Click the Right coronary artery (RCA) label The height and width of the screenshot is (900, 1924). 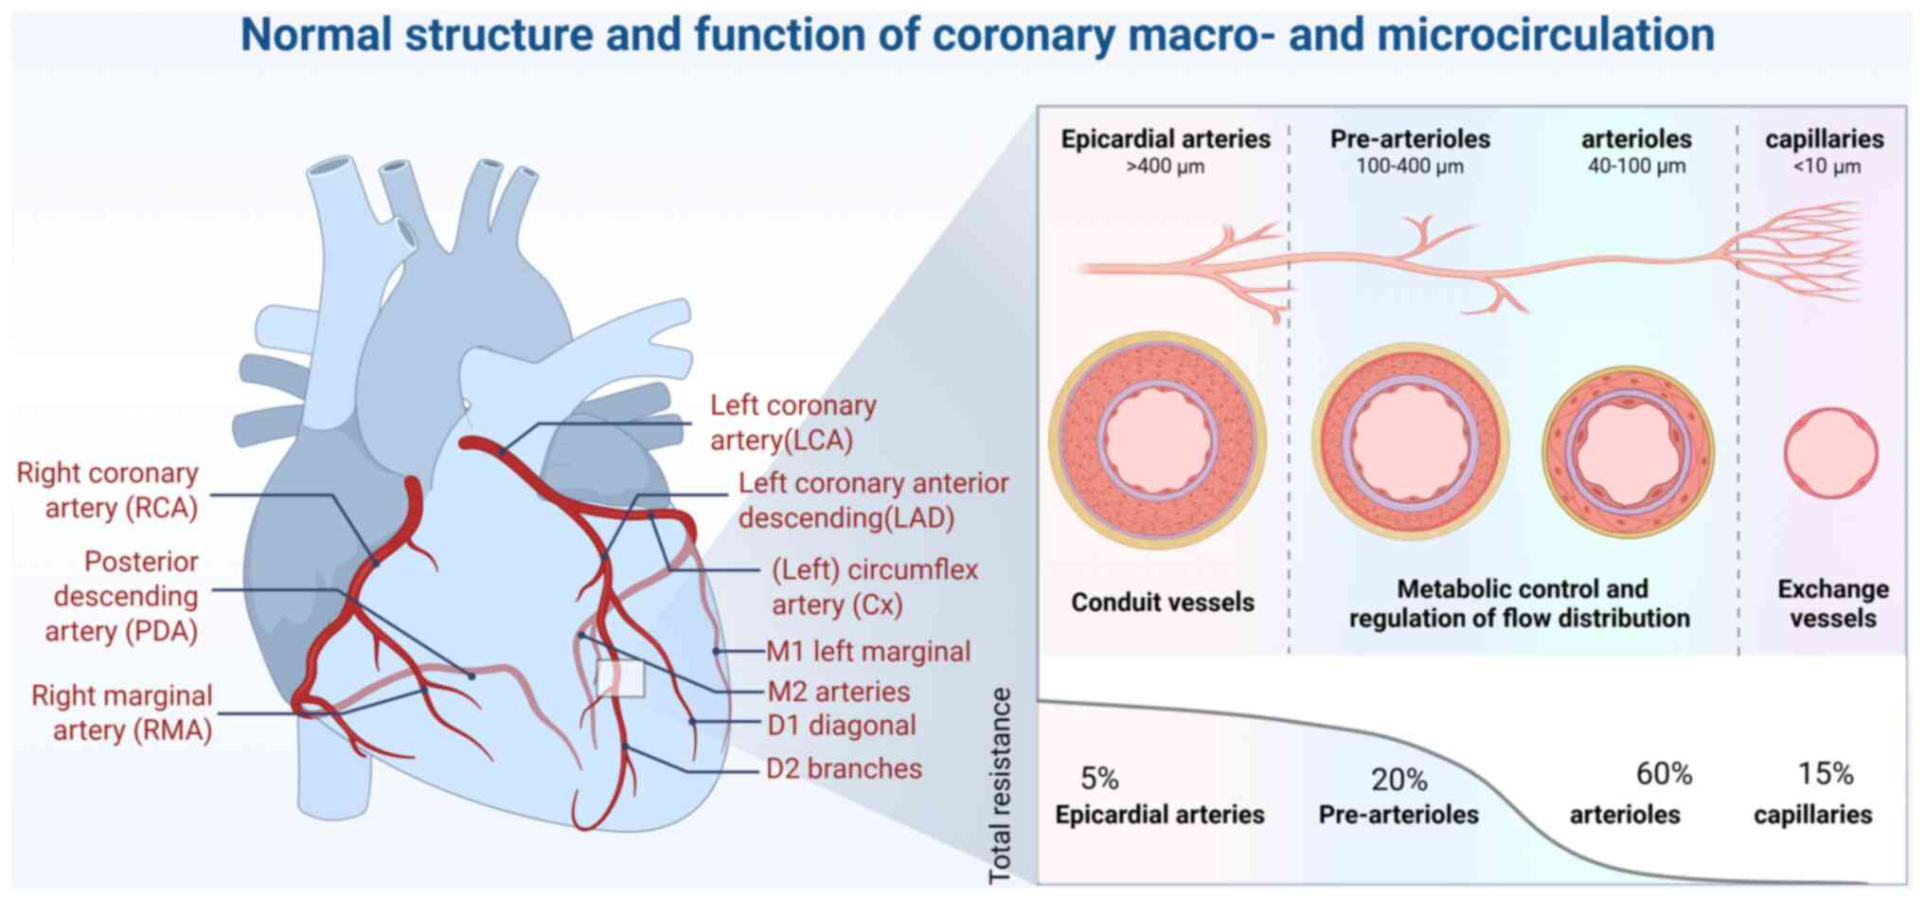107,490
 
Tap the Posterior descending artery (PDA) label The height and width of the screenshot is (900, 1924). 125,596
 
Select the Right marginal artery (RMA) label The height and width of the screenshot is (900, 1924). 121,712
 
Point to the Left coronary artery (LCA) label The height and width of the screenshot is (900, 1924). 793,423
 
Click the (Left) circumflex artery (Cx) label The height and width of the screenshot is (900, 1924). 874,586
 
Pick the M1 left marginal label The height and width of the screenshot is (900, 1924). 868,652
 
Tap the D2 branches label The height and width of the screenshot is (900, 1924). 844,768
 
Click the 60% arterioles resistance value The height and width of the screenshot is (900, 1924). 1664,774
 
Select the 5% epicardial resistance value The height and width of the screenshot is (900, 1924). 1099,779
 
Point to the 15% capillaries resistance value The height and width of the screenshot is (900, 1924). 1825,774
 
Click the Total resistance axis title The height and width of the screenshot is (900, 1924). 1000,786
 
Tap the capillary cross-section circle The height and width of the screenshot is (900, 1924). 1831,454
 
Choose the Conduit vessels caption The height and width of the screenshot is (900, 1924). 1162,603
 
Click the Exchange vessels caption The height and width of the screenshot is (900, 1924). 1832,603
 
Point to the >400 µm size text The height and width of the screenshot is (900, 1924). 1165,167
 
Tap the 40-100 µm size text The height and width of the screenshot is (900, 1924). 1636,167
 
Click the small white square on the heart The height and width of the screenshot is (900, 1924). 620,678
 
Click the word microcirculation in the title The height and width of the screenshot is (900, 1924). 1545,35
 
